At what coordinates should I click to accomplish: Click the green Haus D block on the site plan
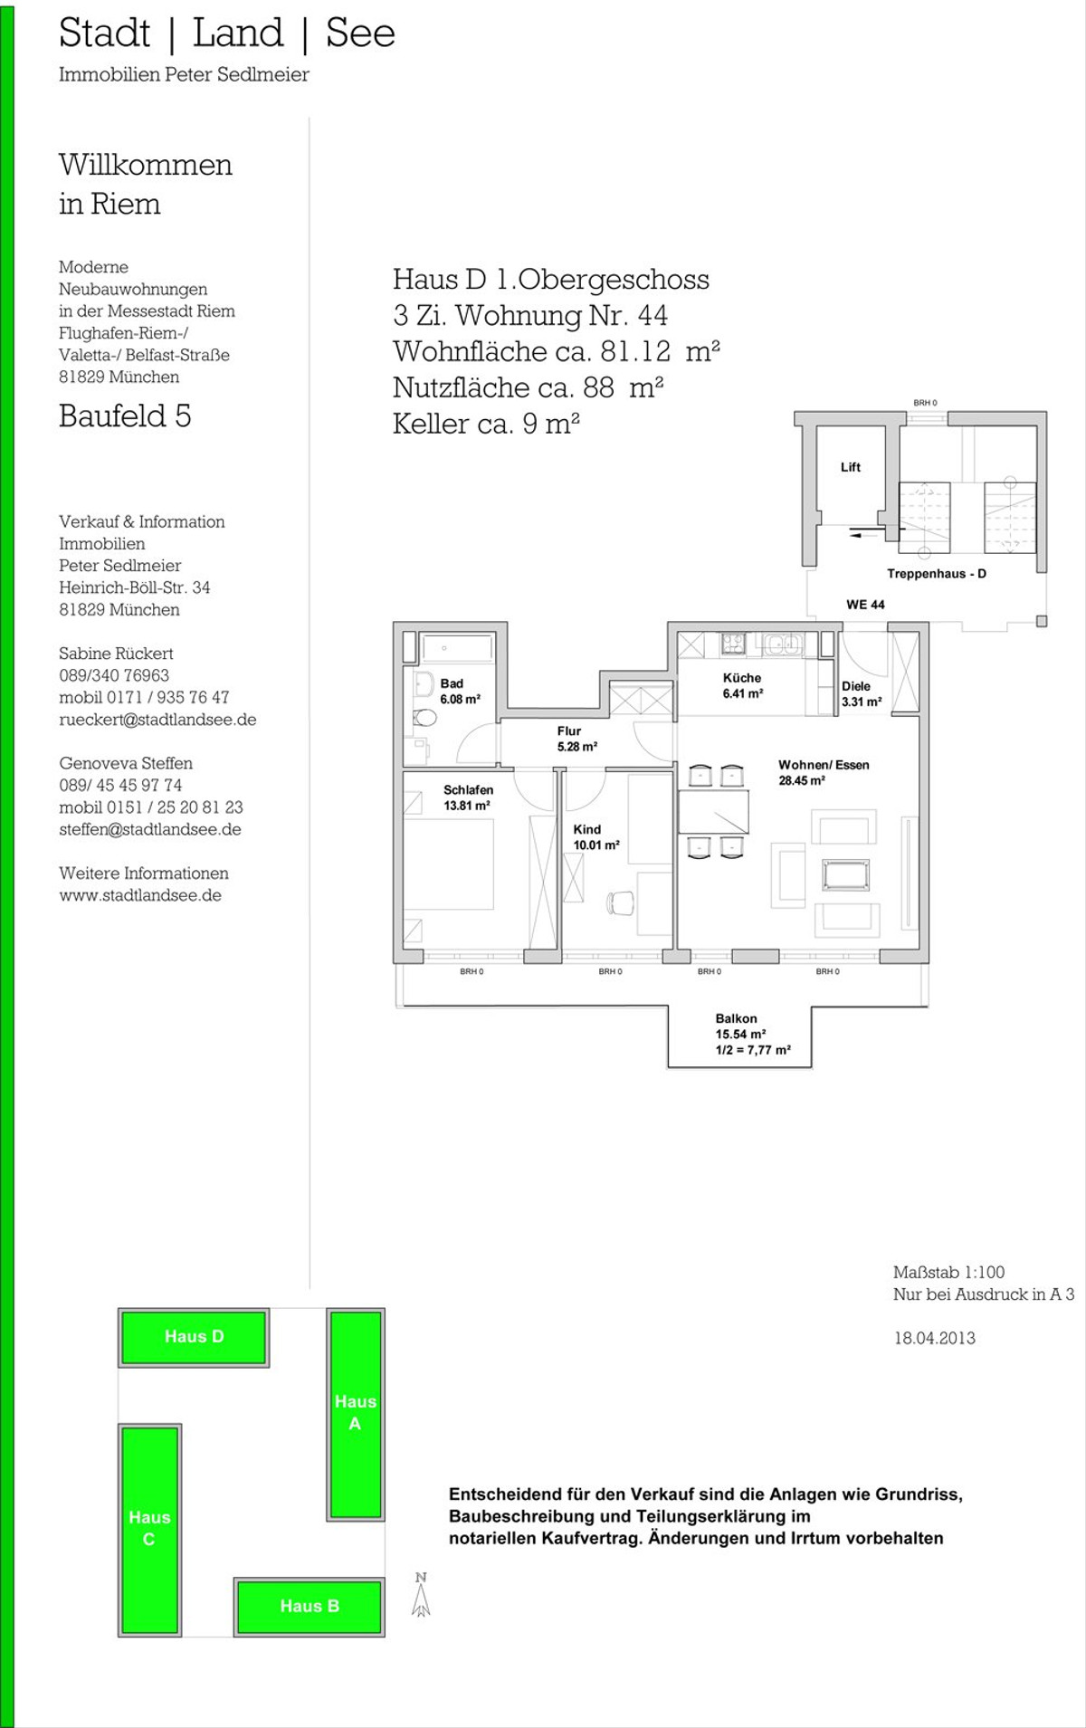pyautogui.click(x=194, y=1337)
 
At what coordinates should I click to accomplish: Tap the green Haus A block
pyautogui.click(x=356, y=1413)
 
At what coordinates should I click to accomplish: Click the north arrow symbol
pyautogui.click(x=421, y=1594)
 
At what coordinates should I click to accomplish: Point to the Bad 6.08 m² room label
pyautogui.click(x=460, y=692)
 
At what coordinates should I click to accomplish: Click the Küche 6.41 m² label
pyautogui.click(x=742, y=685)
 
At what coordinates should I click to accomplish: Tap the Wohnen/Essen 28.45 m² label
pyautogui.click(x=824, y=772)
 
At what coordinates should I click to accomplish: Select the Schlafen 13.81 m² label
pyautogui.click(x=468, y=797)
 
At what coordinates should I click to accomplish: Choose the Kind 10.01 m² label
pyautogui.click(x=596, y=837)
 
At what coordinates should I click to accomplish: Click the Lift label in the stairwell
pyautogui.click(x=851, y=467)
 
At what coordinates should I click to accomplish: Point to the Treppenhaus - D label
pyautogui.click(x=937, y=574)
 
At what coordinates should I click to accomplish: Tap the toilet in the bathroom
pyautogui.click(x=423, y=717)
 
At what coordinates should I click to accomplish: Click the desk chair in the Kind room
pyautogui.click(x=622, y=903)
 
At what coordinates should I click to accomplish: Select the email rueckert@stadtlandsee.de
pyautogui.click(x=157, y=720)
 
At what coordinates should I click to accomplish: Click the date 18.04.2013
pyautogui.click(x=935, y=1338)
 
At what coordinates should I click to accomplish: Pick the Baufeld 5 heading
pyautogui.click(x=125, y=415)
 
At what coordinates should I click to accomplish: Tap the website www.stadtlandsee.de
pyautogui.click(x=140, y=895)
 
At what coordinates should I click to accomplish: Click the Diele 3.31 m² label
pyautogui.click(x=862, y=694)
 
